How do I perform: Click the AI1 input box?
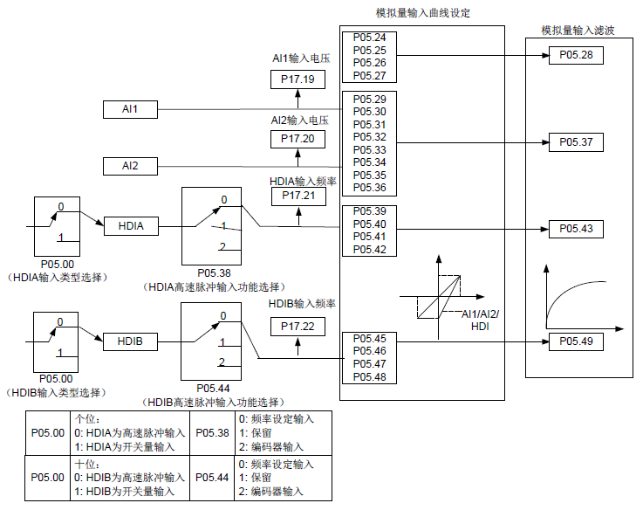129,109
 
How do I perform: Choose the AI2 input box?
129,166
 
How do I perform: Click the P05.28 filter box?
575,55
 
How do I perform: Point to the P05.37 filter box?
575,141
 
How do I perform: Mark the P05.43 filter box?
575,228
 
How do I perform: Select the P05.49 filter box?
575,341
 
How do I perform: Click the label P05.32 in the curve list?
370,137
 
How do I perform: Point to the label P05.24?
370,38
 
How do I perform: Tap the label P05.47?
370,363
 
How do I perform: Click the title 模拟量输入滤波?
577,30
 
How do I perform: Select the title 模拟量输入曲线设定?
422,12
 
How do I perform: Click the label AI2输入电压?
299,120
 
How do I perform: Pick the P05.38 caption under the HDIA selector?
214,272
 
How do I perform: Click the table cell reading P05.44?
212,478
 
